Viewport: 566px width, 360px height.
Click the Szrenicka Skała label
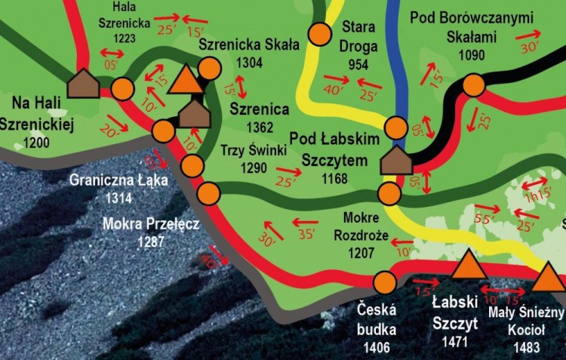coord(249,45)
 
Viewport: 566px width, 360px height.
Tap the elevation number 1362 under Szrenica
coord(258,128)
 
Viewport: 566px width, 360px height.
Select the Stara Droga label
coord(358,35)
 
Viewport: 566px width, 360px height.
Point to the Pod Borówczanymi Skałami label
coord(472,27)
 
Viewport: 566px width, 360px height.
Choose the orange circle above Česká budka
coord(384,283)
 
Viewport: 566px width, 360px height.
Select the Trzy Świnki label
coord(253,150)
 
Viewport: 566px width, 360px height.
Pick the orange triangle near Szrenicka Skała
coord(185,79)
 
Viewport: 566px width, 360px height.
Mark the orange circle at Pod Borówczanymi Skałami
coord(472,85)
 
